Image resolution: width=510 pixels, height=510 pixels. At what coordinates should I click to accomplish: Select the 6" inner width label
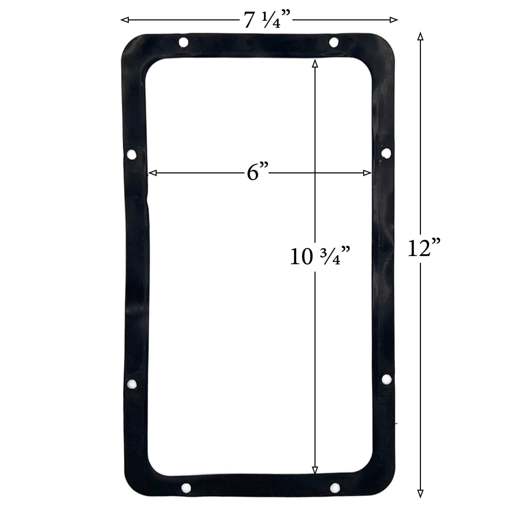point(258,173)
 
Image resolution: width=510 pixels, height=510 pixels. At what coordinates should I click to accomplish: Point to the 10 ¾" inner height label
point(320,257)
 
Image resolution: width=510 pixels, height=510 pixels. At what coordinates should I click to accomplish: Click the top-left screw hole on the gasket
point(183,43)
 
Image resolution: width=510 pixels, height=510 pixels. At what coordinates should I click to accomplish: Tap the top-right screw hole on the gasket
point(334,42)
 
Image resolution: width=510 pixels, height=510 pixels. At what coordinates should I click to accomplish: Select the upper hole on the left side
point(131,155)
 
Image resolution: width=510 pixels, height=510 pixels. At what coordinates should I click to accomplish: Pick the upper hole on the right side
point(386,153)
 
